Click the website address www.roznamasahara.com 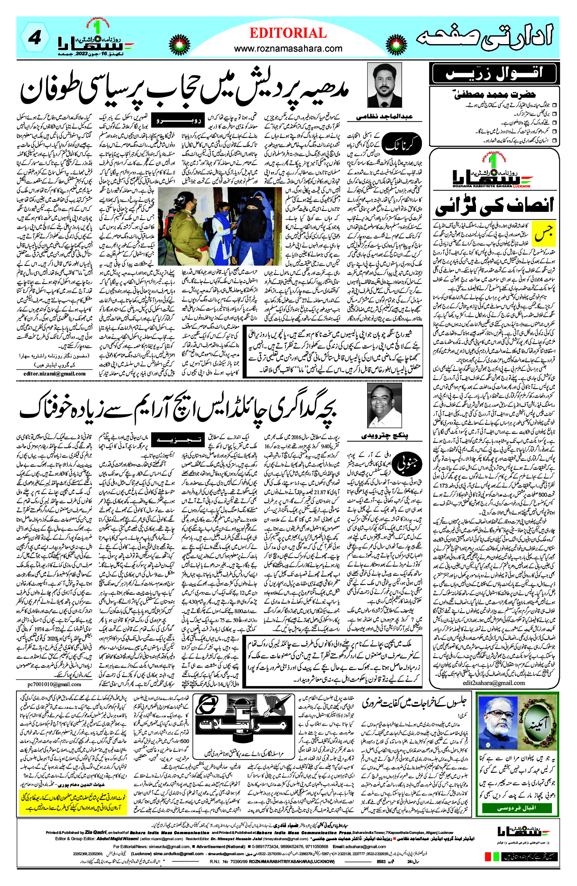[x=288, y=48]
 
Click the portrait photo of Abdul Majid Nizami [x=384, y=85]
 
